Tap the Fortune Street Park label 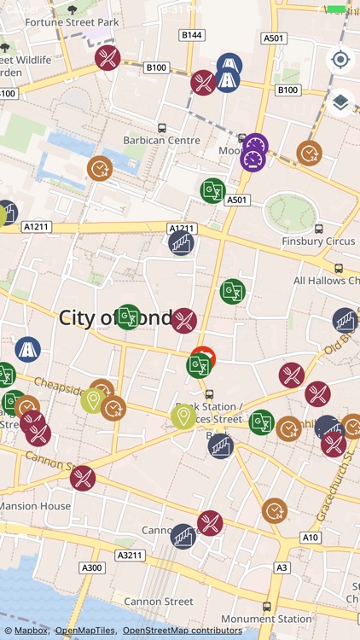tap(72, 20)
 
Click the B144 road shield tap(192, 35)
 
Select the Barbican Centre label tap(161, 140)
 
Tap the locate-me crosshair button tap(340, 60)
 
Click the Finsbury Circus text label tap(318, 241)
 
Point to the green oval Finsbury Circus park tap(290, 212)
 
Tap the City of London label tap(115, 317)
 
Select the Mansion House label tap(34, 505)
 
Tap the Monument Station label tap(266, 619)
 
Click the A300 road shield tap(91, 567)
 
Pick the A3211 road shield tap(131, 555)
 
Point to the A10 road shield tap(311, 538)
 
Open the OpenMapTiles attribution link tap(85, 631)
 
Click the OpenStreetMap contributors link tap(182, 631)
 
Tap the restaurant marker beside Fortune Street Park tap(107, 58)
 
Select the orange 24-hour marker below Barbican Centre tap(100, 168)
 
